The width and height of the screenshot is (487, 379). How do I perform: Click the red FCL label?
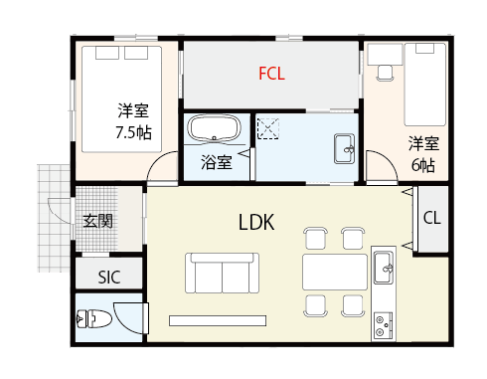pos(271,74)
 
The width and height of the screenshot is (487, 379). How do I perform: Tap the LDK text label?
pos(256,222)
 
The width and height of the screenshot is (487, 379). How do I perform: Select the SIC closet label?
pos(109,278)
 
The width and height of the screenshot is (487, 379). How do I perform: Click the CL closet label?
pos(432,218)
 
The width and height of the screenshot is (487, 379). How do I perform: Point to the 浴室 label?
pos(216,162)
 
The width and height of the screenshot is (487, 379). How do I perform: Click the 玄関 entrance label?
pos(98,221)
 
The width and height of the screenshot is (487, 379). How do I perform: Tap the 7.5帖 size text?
pos(133,132)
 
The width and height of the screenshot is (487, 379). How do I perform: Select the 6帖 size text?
pos(423,165)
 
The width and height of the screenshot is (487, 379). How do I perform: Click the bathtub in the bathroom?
pos(214,129)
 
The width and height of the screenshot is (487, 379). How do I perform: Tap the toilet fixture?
pos(94,319)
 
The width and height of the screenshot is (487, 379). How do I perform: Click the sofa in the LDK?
pos(222,273)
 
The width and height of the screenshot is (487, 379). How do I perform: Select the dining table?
pos(335,273)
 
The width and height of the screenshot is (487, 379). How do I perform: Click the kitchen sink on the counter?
pos(384,268)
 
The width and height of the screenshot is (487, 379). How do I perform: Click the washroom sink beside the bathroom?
pos(344,149)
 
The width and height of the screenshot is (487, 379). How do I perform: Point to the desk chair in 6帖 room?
pos(386,73)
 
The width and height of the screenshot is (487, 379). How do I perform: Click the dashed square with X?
pos(268,128)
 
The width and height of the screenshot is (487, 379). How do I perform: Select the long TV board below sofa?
pos(218,320)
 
